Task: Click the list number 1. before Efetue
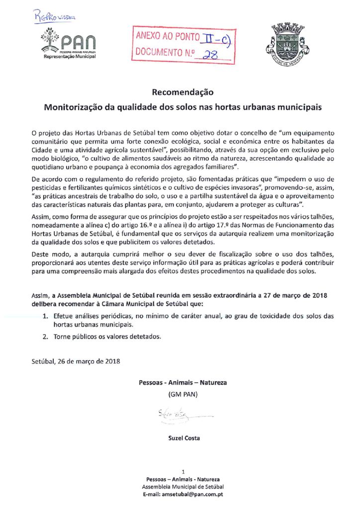[x=45, y=316]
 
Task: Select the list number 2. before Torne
[x=45, y=337]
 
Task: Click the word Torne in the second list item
[x=64, y=337]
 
